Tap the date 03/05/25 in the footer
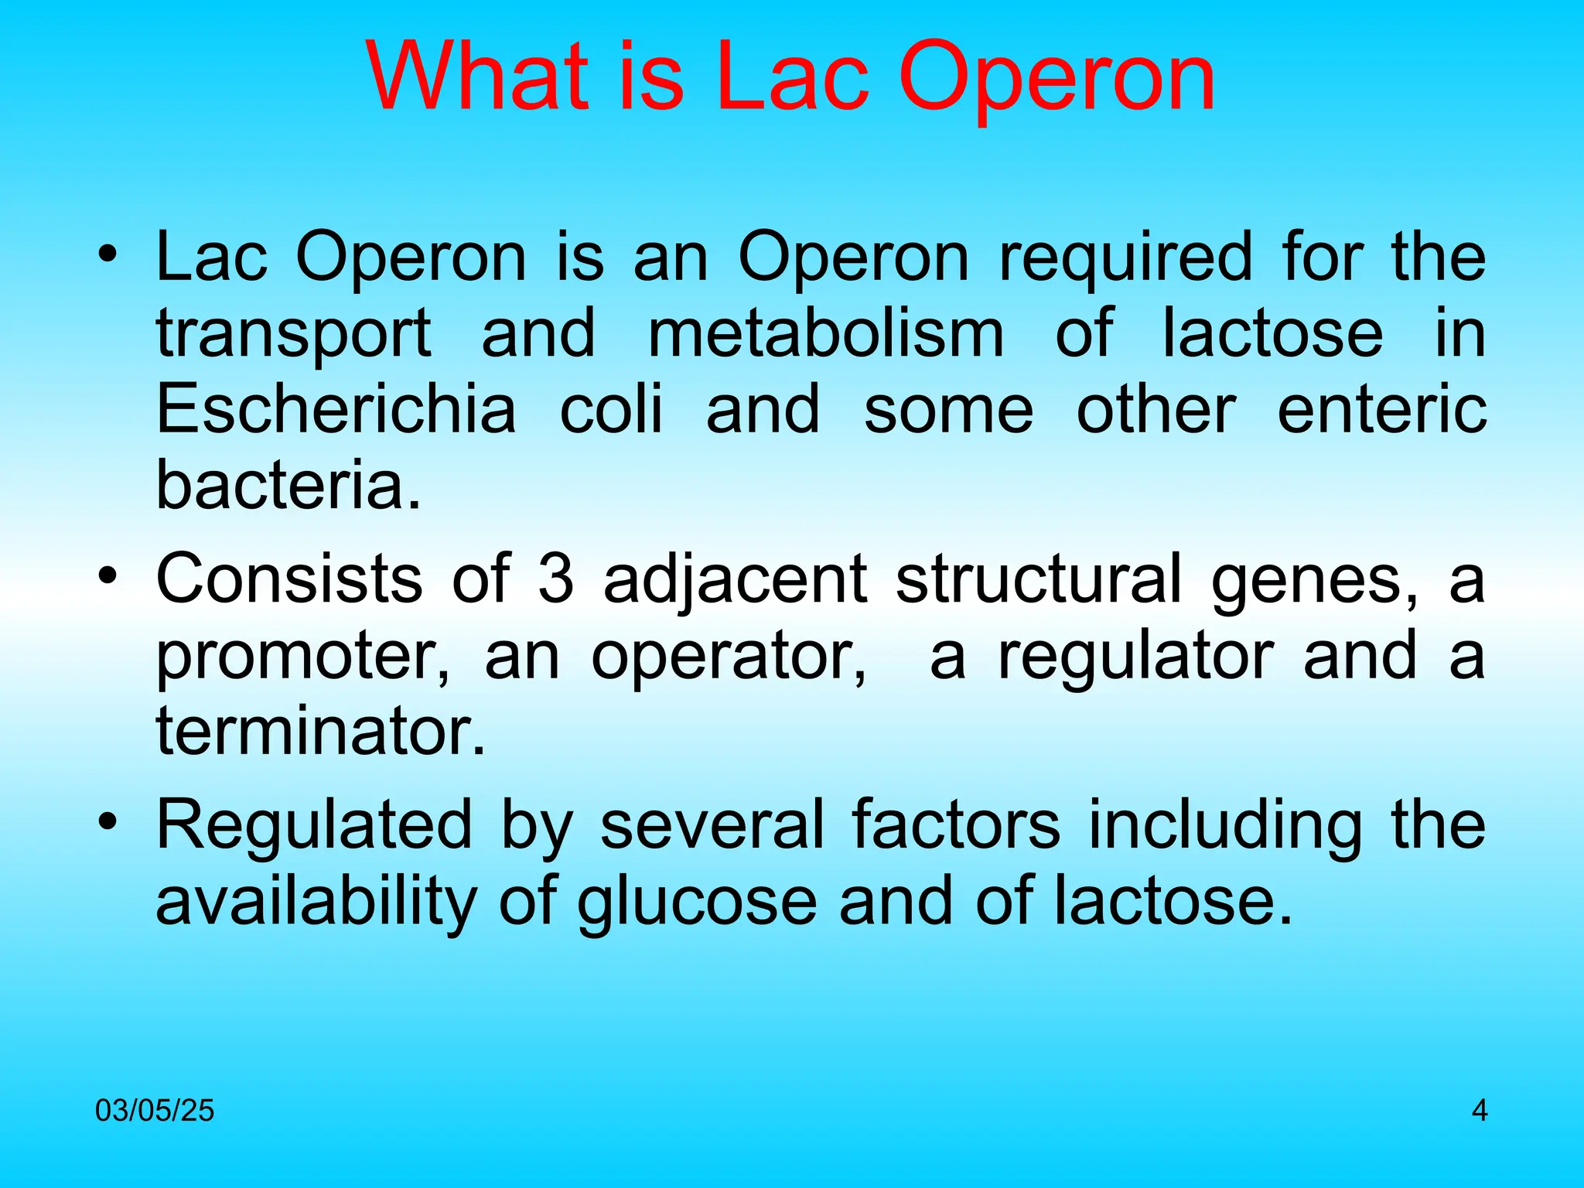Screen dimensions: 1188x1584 coord(155,1111)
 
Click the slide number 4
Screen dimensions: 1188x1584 coord(1479,1111)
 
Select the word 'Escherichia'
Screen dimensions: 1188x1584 coord(336,409)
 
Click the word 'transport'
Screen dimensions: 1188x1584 coord(293,335)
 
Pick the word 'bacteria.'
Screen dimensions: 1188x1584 coord(288,485)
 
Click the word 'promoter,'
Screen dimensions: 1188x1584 coord(302,657)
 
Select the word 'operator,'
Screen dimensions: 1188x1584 coord(729,657)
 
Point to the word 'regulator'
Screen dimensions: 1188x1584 coord(1135,657)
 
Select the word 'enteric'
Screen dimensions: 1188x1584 coord(1381,409)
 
